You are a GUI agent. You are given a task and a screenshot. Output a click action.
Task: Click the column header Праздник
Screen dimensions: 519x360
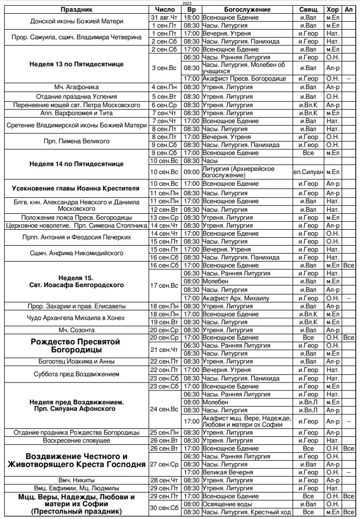(76, 10)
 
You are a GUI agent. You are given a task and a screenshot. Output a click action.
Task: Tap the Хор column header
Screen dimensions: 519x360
(332, 10)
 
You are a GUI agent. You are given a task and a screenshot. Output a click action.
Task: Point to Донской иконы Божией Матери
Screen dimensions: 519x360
(76, 21)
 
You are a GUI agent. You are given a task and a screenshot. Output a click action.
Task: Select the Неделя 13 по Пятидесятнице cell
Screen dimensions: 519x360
(76, 64)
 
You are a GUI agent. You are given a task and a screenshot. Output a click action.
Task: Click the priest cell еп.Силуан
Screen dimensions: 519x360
(307, 172)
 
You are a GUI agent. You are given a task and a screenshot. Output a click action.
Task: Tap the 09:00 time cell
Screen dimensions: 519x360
(191, 172)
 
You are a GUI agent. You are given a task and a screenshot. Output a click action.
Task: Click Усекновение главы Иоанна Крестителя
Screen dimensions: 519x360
(76, 188)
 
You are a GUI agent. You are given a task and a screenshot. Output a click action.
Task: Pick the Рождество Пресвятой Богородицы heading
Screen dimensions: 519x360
(76, 346)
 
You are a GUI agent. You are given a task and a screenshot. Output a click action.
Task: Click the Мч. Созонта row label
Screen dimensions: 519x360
(76, 330)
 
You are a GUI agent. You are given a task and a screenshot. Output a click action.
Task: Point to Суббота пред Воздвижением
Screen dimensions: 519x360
(76, 374)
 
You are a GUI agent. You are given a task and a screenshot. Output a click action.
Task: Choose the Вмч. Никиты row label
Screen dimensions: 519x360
(76, 480)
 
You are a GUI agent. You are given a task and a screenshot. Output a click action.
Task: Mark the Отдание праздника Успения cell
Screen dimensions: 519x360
(76, 97)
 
